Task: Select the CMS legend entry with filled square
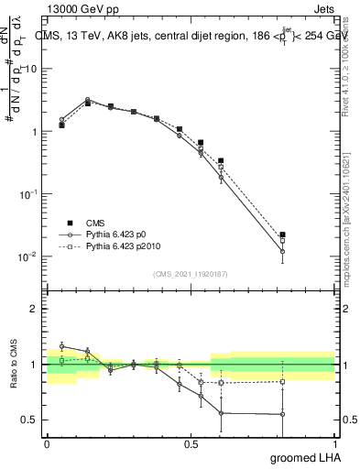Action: coord(70,223)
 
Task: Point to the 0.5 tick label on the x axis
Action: coord(191,443)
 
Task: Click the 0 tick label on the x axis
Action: coord(47,443)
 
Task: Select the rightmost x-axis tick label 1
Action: coord(334,443)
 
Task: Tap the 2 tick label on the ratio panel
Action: coord(34,309)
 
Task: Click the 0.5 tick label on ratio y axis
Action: coord(29,420)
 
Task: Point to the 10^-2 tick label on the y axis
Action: coord(26,256)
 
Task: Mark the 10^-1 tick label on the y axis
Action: coord(26,194)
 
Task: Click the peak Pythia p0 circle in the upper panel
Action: coord(88,100)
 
